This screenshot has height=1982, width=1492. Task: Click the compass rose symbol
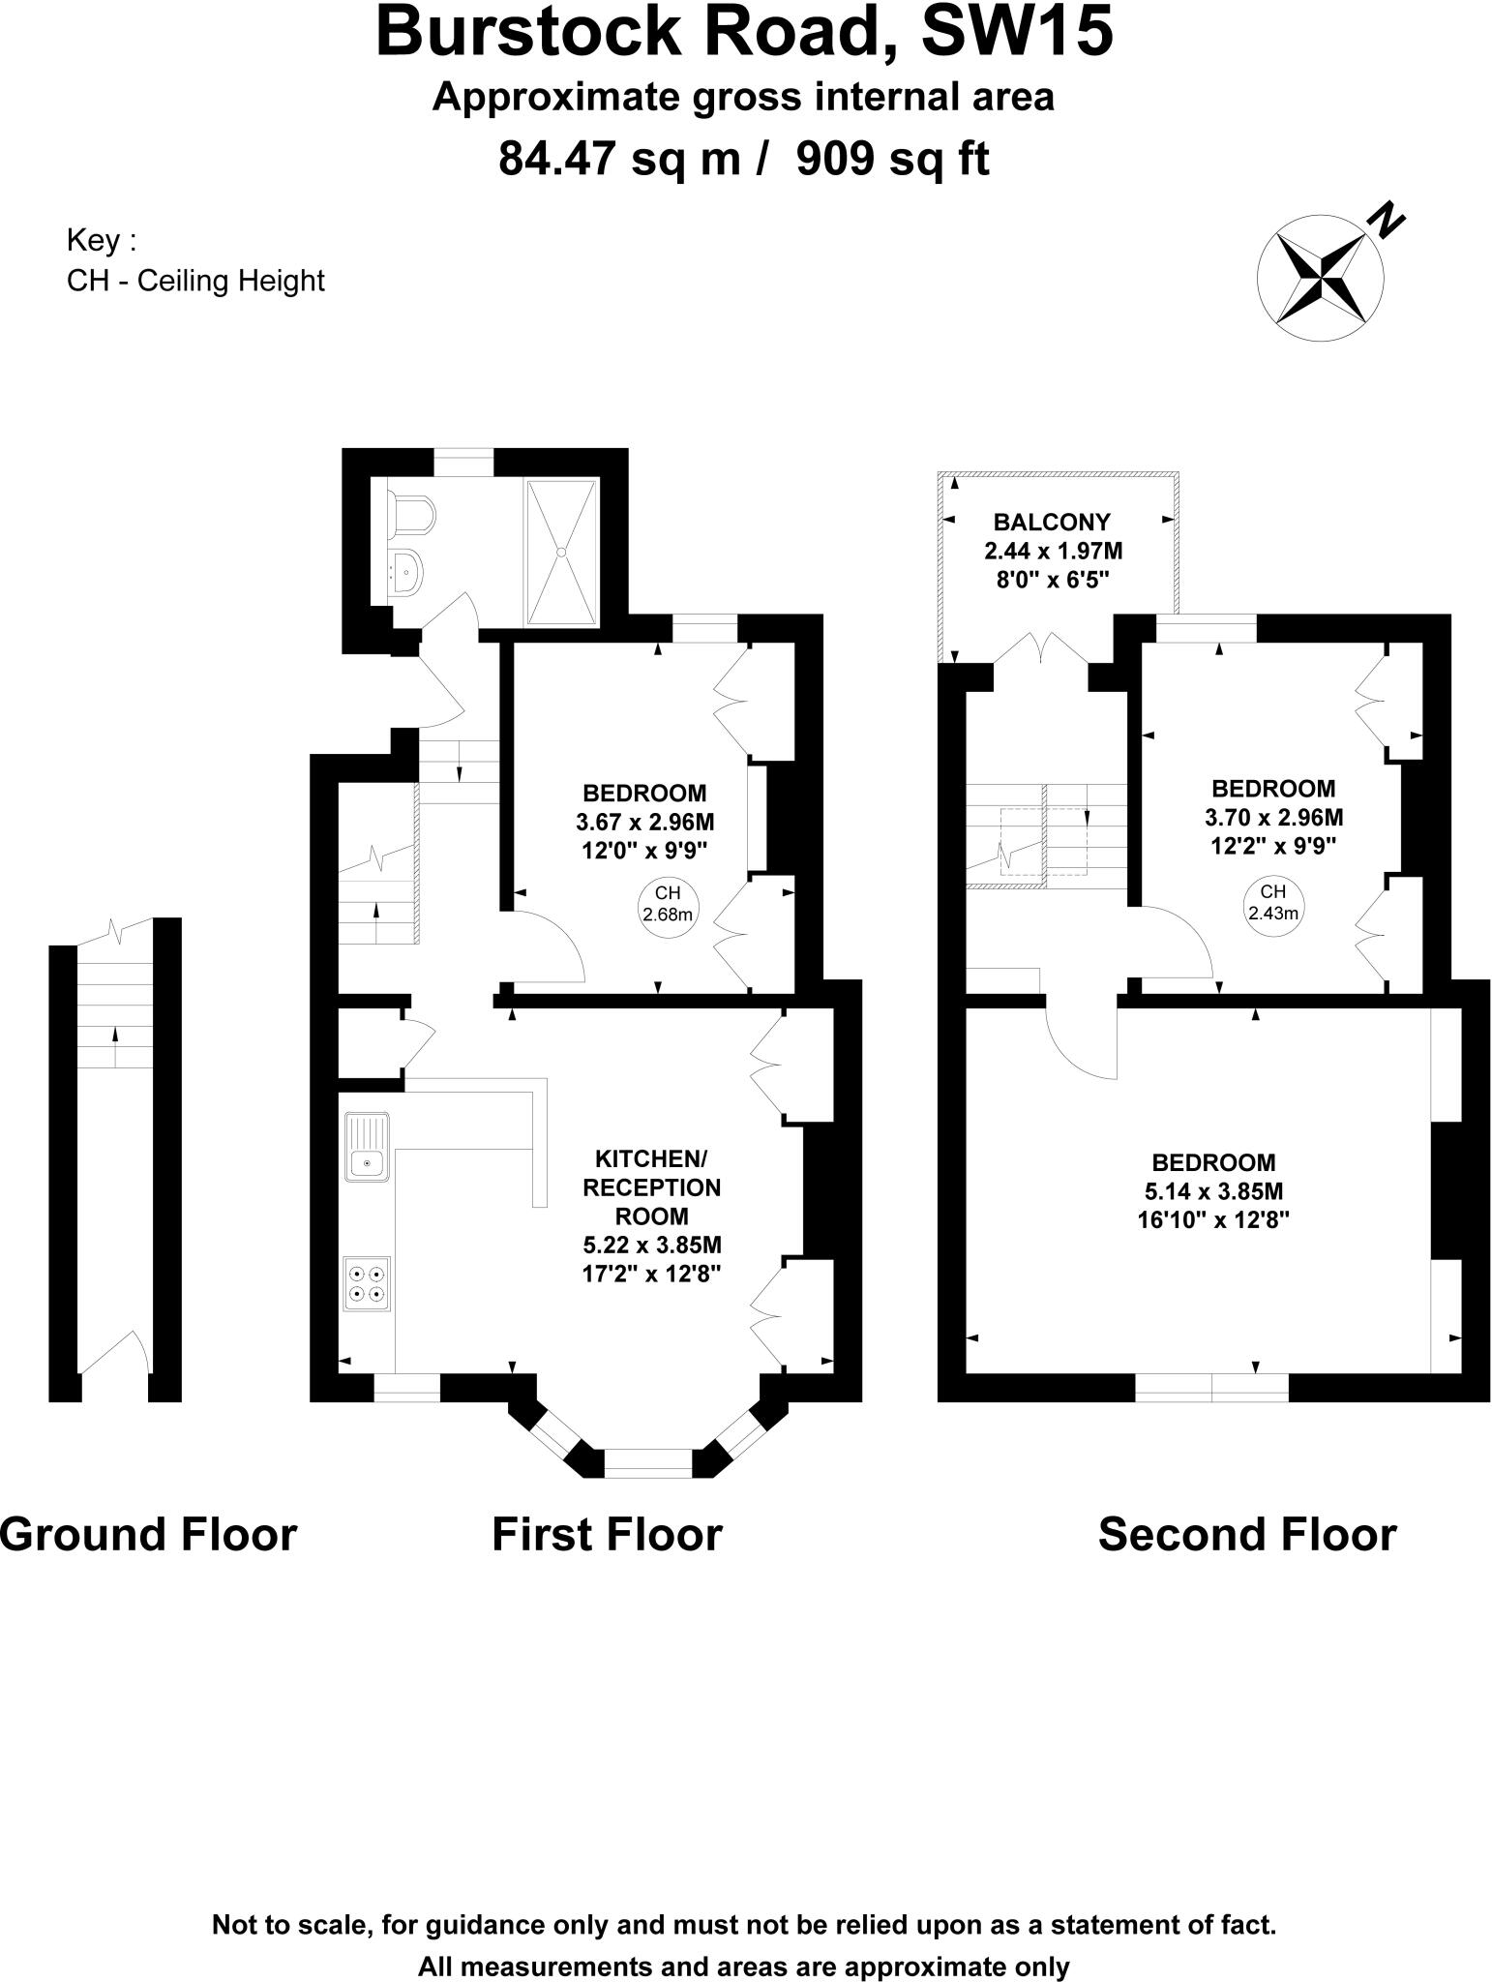(x=1320, y=277)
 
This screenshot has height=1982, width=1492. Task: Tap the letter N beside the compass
(x=1385, y=222)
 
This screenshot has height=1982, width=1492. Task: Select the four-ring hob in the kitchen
(x=368, y=1283)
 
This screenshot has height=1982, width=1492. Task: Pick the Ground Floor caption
(x=148, y=1535)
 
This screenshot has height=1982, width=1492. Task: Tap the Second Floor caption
(x=1246, y=1535)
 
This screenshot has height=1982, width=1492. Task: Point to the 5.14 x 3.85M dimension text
(x=1213, y=1191)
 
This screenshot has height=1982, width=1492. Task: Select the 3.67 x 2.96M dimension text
(x=644, y=823)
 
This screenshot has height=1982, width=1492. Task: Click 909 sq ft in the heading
(x=892, y=159)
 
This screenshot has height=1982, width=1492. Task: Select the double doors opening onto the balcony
(x=1041, y=649)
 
